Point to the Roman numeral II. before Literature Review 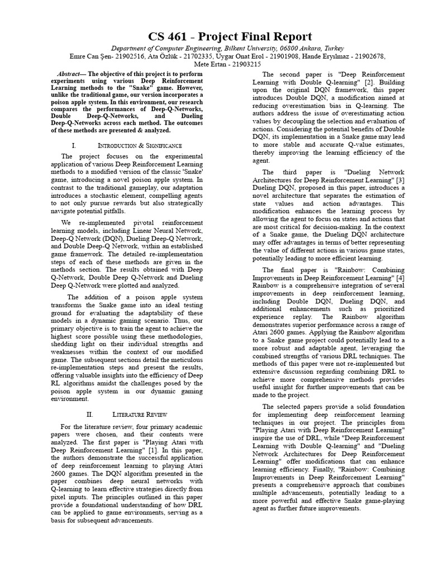89,415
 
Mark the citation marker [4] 400,278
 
